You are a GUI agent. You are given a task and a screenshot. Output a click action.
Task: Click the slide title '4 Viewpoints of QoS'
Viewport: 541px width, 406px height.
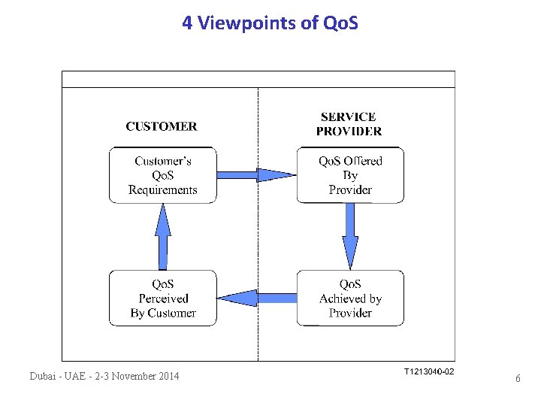[x=270, y=23]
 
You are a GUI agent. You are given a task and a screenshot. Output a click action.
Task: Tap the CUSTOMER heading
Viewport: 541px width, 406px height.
[x=162, y=126]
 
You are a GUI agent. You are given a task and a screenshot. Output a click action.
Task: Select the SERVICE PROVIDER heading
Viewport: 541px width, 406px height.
[x=349, y=124]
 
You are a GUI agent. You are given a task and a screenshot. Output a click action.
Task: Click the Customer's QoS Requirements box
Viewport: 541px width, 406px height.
[x=162, y=175]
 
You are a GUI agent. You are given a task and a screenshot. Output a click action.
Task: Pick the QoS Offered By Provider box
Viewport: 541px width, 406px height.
[x=349, y=175]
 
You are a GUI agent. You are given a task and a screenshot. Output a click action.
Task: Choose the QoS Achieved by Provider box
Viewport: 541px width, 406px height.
[x=349, y=298]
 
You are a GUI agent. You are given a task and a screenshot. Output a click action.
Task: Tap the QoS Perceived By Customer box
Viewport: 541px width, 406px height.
[x=162, y=298]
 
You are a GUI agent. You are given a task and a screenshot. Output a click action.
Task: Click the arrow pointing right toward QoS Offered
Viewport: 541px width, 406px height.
[x=256, y=175]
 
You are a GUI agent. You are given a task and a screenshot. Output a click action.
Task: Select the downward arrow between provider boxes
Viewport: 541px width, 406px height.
[x=350, y=237]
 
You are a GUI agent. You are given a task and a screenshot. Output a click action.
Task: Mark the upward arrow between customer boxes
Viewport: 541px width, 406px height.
[x=163, y=237]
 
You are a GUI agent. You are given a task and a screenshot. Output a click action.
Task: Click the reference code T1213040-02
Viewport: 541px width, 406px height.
[x=429, y=372]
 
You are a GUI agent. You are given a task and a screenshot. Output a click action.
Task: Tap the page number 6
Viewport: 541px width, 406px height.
[x=518, y=379]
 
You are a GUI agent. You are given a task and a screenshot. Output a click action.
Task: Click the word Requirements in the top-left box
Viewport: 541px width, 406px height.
[x=162, y=189]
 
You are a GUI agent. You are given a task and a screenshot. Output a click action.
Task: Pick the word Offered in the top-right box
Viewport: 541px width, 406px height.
[x=362, y=161]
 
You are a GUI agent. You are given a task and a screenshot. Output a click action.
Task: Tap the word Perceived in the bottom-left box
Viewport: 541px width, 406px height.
[x=163, y=298]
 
